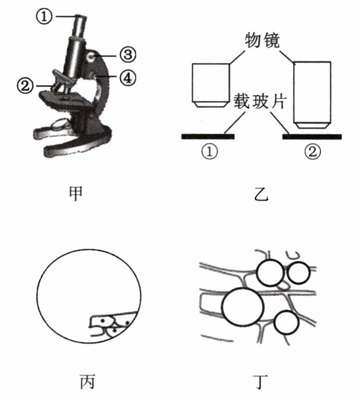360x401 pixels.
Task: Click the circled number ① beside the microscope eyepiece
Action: (44, 17)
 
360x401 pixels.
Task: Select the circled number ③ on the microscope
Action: (126, 55)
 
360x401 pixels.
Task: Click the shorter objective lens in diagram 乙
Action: (210, 84)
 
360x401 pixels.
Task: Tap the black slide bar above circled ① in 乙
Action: (207, 136)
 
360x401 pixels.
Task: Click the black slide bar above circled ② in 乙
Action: (312, 136)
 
